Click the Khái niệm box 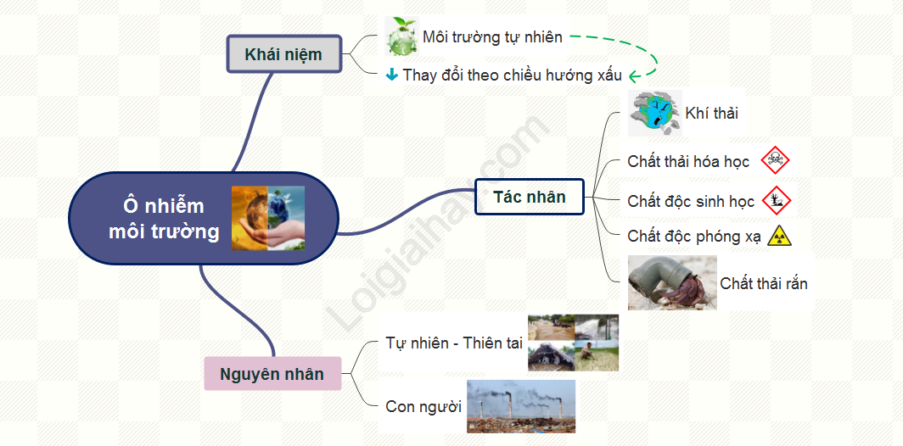click(x=284, y=54)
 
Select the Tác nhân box click(x=530, y=197)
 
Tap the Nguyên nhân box click(x=272, y=374)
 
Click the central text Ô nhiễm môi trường click(x=164, y=219)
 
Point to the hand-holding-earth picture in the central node click(x=268, y=218)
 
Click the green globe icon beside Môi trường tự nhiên click(x=402, y=36)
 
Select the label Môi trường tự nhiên click(x=492, y=37)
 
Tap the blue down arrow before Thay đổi click(x=391, y=75)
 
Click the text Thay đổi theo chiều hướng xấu click(x=513, y=75)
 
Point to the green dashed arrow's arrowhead click(x=633, y=76)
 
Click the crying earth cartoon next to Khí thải click(x=655, y=113)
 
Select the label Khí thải click(x=712, y=114)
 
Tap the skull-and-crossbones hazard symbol click(x=775, y=160)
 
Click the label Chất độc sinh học click(x=691, y=202)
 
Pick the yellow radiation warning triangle click(x=780, y=236)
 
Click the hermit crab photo click(x=672, y=282)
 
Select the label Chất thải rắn click(x=764, y=283)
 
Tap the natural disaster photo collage click(x=574, y=343)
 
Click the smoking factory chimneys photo click(x=520, y=406)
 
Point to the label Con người click(x=423, y=407)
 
